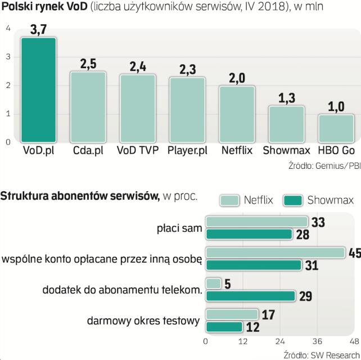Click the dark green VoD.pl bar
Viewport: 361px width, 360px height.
tap(38, 90)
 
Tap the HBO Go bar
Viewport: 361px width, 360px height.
tap(336, 129)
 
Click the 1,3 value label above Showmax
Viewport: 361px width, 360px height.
tap(286, 97)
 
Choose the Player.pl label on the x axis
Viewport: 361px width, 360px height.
tap(187, 151)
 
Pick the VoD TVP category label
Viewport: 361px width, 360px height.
tap(137, 151)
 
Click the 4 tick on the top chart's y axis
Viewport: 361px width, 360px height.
tap(8, 29)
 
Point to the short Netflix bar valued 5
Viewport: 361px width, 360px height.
tap(213, 283)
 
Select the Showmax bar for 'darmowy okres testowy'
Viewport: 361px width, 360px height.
tap(224, 327)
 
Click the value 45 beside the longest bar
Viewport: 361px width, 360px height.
tap(354, 254)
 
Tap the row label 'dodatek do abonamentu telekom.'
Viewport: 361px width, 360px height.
tap(122, 290)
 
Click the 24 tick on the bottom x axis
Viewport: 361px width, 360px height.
tap(279, 342)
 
